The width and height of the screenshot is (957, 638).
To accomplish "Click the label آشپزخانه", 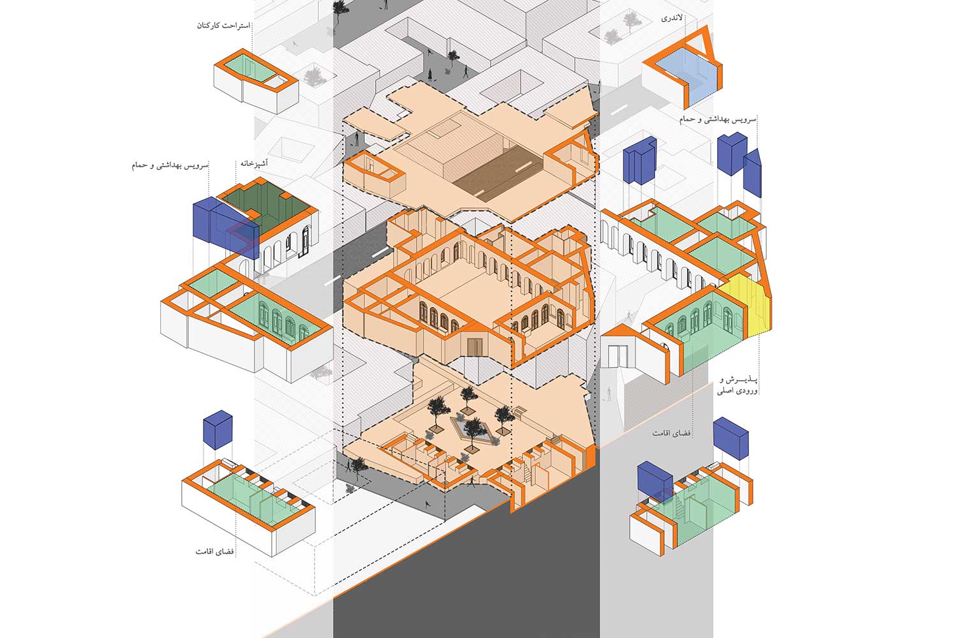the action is pos(254,163).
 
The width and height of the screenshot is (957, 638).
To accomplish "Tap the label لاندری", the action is pos(672,19).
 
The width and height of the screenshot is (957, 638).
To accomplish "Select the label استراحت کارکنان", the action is pos(223,26).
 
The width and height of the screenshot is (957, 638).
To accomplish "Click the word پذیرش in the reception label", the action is pos(743,380).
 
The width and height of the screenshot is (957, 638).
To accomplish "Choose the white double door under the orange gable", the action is pos(618,356).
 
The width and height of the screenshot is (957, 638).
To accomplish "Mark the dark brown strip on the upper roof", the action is pos(498,173).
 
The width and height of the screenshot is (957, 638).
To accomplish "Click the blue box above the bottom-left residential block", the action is pos(218,429).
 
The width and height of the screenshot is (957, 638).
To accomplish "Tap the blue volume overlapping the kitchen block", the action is pos(226,226).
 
